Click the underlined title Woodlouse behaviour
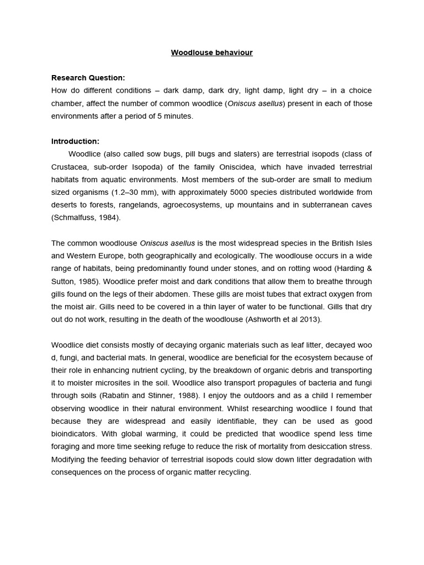click(211, 53)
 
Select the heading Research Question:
click(88, 78)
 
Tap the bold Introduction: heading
click(75, 141)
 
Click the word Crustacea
click(70, 167)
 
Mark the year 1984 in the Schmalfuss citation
click(108, 217)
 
